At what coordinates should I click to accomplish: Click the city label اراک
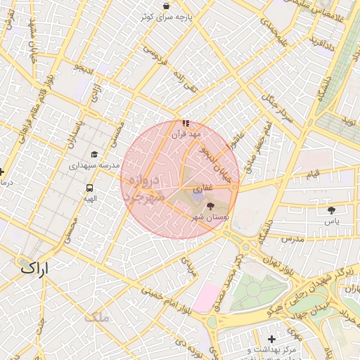[32, 267]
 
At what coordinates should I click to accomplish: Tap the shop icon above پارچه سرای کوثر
[165, 6]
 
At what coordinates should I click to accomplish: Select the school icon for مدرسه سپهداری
[94, 154]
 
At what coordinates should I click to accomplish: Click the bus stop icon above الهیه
[90, 188]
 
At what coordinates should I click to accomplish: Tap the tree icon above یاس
[331, 210]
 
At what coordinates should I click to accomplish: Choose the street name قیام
[311, 173]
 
